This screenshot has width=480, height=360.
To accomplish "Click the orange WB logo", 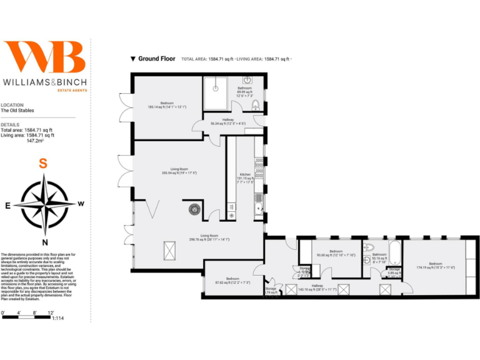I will (x=44, y=58).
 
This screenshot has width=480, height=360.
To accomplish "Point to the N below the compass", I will (x=44, y=242).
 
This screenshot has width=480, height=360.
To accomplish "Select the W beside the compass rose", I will (x=81, y=204).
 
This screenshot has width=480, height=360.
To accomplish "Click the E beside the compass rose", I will (x=7, y=205).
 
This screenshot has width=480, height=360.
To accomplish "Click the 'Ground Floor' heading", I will (x=156, y=59).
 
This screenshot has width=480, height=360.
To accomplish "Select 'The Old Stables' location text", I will (x=17, y=111).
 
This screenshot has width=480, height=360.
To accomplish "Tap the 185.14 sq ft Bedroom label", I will (x=166, y=105).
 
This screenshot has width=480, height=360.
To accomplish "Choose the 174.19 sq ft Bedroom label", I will (x=435, y=266).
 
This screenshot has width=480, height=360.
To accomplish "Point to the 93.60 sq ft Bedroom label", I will (x=336, y=255).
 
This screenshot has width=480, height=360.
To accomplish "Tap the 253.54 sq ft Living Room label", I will (x=179, y=170).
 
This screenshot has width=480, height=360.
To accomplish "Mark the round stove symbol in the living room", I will (x=194, y=210).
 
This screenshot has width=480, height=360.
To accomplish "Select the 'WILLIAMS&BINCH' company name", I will (x=44, y=82).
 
